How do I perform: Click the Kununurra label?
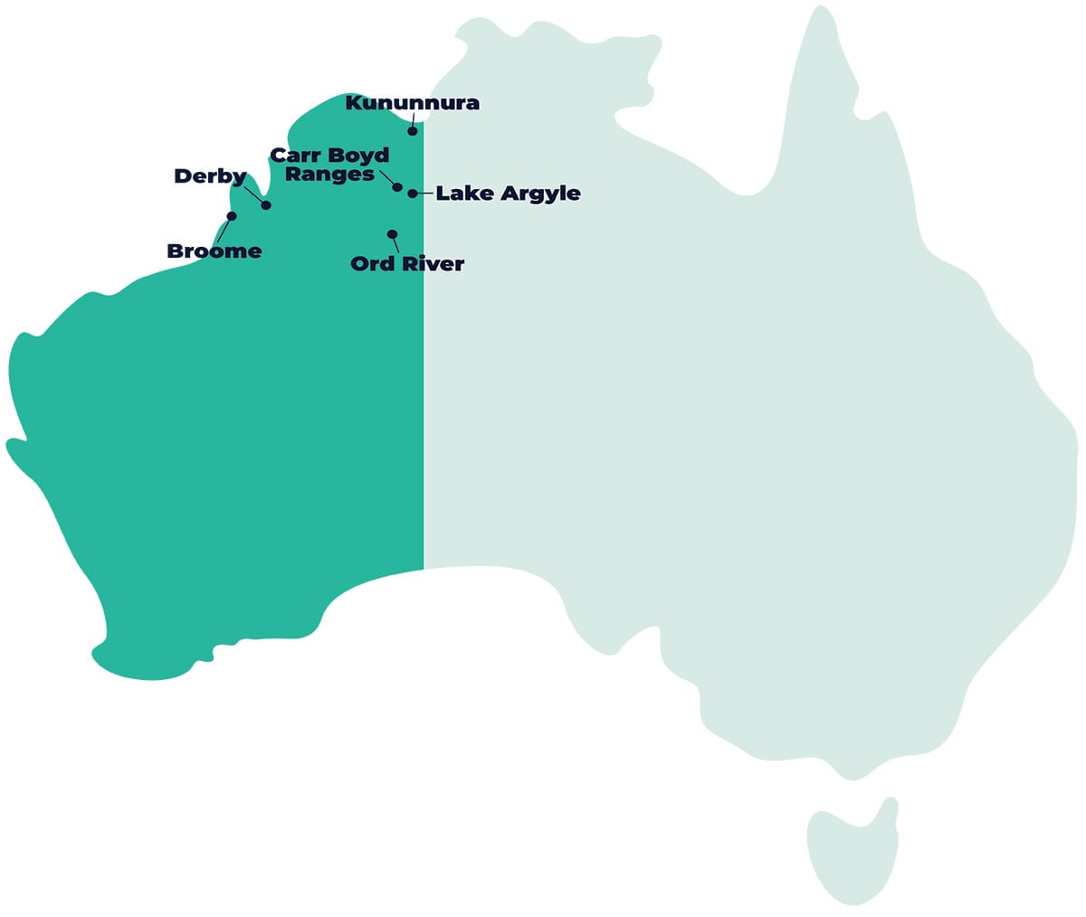tap(413, 103)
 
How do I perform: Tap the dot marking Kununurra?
tap(413, 131)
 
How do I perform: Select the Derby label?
tap(210, 176)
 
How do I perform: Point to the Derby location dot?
tap(266, 205)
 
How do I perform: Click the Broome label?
tap(214, 251)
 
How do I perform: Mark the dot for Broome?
tap(232, 216)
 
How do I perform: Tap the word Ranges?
tap(329, 175)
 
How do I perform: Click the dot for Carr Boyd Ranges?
tap(397, 187)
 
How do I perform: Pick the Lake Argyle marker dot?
tap(413, 194)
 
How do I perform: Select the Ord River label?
tap(407, 264)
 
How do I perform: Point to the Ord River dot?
tap(392, 234)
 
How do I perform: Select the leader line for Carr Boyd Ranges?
tap(386, 176)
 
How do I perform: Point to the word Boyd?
tap(358, 156)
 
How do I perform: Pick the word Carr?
tap(296, 156)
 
